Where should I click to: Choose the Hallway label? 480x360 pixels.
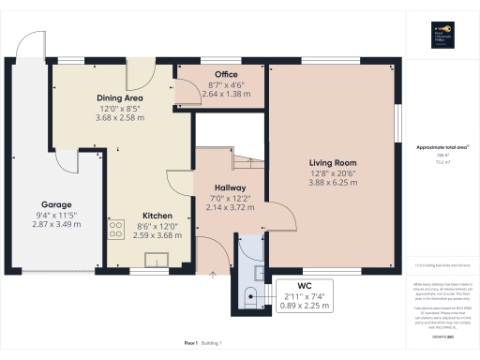click(x=230, y=187)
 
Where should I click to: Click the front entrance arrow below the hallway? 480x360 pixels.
click(x=213, y=276)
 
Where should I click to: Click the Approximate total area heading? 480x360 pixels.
click(x=442, y=147)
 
